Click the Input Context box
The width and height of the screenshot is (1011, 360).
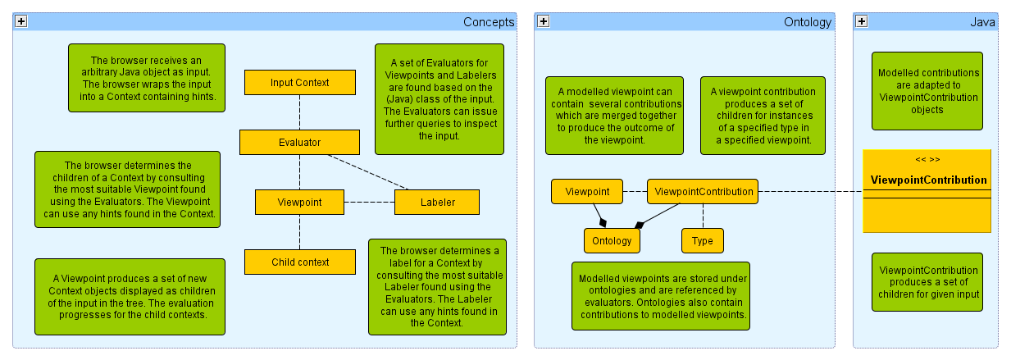pyautogui.click(x=299, y=82)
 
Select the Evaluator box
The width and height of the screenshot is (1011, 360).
pyautogui.click(x=299, y=142)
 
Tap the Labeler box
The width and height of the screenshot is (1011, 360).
pyautogui.click(x=437, y=202)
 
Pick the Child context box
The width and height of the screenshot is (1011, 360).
pyautogui.click(x=300, y=262)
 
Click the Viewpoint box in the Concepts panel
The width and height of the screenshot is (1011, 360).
pyautogui.click(x=299, y=202)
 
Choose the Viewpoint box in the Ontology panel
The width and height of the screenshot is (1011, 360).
pyautogui.click(x=587, y=191)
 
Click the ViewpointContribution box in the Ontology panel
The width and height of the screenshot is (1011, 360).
pyautogui.click(x=703, y=191)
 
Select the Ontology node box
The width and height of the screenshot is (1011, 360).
pyautogui.click(x=612, y=240)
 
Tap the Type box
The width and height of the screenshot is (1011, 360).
pyautogui.click(x=703, y=240)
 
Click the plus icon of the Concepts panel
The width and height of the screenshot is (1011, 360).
pyautogui.click(x=21, y=22)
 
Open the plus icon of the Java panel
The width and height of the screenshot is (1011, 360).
pyautogui.click(x=862, y=22)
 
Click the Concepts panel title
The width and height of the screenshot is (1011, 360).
pyautogui.click(x=489, y=22)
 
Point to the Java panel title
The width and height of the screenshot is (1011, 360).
pyautogui.click(x=982, y=22)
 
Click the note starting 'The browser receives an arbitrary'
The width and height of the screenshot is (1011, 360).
pyautogui.click(x=146, y=78)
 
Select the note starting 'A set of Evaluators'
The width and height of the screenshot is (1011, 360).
pyautogui.click(x=439, y=99)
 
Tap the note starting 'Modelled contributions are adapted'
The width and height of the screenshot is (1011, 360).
pyautogui.click(x=927, y=90)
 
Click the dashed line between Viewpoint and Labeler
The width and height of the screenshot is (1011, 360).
pyautogui.click(x=369, y=202)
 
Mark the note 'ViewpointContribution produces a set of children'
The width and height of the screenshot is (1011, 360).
pyautogui.click(x=927, y=282)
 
